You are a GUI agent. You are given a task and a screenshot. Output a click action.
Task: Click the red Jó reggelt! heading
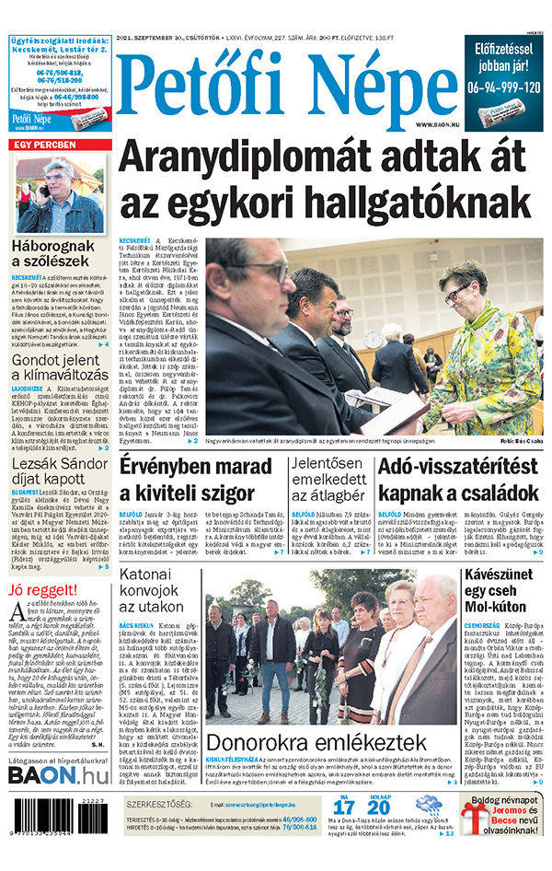coord(40,590)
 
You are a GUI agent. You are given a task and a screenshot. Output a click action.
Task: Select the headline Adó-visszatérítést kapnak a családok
coord(459,480)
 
